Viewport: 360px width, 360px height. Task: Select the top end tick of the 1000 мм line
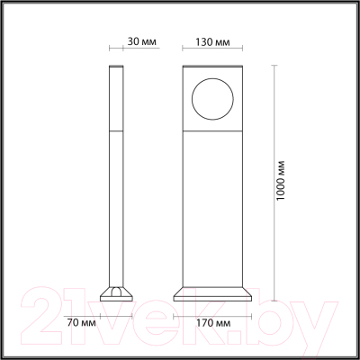click(274, 66)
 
